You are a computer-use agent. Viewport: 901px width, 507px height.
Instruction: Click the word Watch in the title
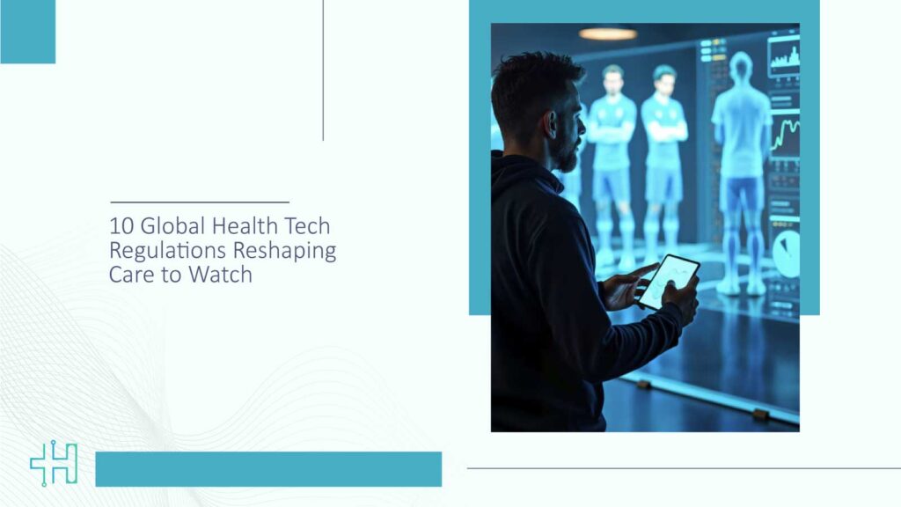tap(223, 275)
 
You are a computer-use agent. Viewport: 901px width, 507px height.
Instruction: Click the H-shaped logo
tap(54, 464)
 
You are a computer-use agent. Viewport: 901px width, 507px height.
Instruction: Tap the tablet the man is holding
tap(668, 282)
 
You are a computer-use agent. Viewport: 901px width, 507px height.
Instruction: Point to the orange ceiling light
tap(607, 33)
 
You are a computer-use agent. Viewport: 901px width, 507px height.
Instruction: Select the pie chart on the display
tap(785, 253)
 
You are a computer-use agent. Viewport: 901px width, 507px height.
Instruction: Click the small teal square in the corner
tap(27, 32)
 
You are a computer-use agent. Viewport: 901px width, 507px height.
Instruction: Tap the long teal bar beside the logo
tap(268, 469)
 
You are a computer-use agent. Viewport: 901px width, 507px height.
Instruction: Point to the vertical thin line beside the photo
tap(323, 70)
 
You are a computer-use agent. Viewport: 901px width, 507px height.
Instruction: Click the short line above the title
tap(200, 202)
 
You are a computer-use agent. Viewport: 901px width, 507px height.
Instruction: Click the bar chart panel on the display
tap(783, 56)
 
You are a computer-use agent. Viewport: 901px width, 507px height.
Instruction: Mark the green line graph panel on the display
tap(785, 136)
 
